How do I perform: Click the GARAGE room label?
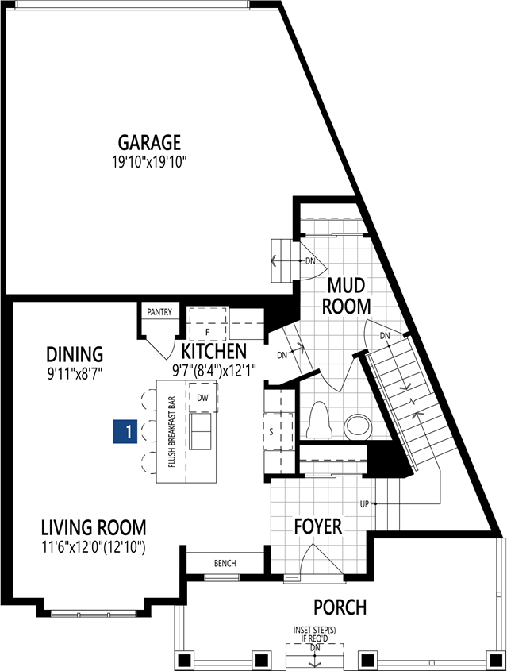149,143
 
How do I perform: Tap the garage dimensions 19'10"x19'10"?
150,162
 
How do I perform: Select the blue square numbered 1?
125,431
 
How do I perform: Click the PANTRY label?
159,312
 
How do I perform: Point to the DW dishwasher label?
202,398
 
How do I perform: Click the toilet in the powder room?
318,420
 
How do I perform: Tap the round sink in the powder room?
359,426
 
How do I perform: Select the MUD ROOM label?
346,295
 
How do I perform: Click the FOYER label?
318,526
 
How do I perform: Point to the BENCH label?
225,563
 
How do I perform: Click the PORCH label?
340,607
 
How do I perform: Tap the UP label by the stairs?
364,504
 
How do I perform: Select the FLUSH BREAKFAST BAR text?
172,432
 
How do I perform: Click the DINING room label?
75,354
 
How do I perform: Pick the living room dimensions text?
93,547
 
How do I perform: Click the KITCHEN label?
214,351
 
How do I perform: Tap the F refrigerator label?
208,332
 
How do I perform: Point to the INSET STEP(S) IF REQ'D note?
315,634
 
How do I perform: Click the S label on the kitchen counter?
271,432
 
